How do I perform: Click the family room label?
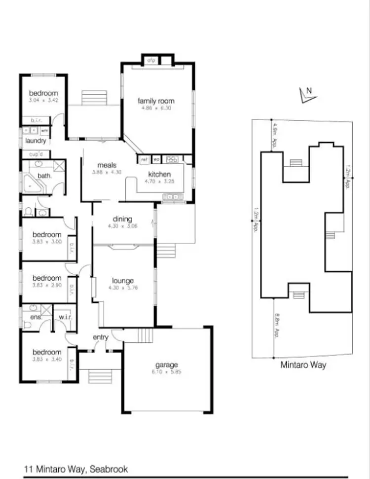click(x=156, y=101)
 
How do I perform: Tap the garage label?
click(x=166, y=365)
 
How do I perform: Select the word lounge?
click(x=123, y=281)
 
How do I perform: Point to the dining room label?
click(x=123, y=220)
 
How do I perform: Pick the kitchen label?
click(x=159, y=174)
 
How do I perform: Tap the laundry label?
click(x=36, y=141)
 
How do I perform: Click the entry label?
click(x=101, y=337)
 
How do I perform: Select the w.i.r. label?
click(x=66, y=317)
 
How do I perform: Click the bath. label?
click(x=44, y=176)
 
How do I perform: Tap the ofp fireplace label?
click(x=151, y=61)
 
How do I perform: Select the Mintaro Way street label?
click(x=303, y=366)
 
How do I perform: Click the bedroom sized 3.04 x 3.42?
click(x=43, y=93)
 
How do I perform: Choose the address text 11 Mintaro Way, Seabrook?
click(x=76, y=469)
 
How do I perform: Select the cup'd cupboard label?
click(x=36, y=154)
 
